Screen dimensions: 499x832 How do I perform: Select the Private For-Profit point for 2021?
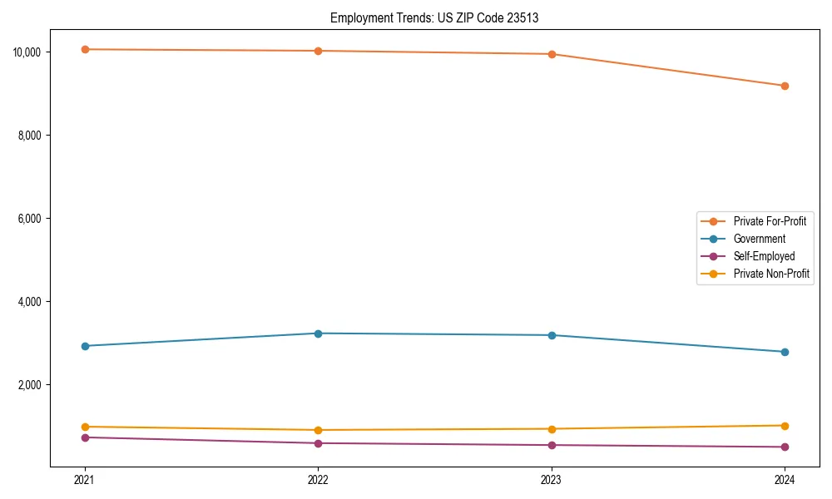(x=85, y=49)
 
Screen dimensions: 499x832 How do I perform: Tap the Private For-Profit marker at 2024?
(x=785, y=86)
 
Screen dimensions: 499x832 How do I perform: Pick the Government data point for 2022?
(x=318, y=333)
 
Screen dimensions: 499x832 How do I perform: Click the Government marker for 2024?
(x=785, y=352)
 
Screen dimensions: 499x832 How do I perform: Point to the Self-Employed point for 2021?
(x=85, y=437)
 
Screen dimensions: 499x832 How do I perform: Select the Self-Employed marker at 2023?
(x=552, y=445)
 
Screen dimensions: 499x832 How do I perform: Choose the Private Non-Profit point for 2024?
(x=785, y=426)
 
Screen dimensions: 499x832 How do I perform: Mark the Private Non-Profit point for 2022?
(x=318, y=430)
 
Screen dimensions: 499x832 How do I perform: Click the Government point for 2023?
(x=552, y=335)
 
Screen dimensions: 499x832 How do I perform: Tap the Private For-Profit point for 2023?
(x=552, y=54)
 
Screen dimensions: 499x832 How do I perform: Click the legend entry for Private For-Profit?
(x=769, y=221)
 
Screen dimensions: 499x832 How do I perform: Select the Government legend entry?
(x=759, y=239)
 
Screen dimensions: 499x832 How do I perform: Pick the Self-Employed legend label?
(x=764, y=256)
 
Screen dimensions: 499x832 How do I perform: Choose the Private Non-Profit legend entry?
(x=771, y=274)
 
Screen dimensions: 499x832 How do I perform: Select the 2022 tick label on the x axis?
(x=318, y=479)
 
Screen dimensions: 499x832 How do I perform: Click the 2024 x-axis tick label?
(x=785, y=479)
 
